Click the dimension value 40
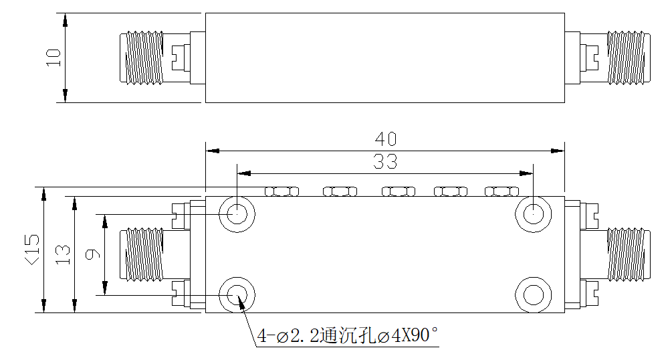point(386,139)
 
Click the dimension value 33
point(385,162)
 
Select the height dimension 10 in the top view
point(54,58)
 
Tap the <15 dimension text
point(33,249)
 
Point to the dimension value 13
point(63,254)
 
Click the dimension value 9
point(92,254)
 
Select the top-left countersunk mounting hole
point(237,213)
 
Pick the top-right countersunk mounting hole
point(533,213)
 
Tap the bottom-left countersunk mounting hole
point(237,295)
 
